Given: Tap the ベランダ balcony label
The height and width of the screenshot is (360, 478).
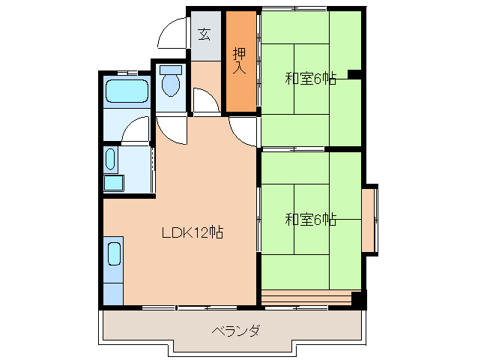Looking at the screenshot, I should (x=235, y=331).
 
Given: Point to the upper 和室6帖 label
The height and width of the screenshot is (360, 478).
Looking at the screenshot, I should (x=310, y=78).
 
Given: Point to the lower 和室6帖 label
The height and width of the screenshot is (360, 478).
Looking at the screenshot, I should (x=310, y=220).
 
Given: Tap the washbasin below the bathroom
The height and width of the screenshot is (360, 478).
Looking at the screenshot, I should (x=111, y=159).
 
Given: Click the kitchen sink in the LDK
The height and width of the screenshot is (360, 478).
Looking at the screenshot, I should (x=114, y=253).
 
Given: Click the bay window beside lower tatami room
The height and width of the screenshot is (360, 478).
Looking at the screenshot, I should (x=370, y=220).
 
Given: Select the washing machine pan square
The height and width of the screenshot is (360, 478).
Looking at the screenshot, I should (x=114, y=184).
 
